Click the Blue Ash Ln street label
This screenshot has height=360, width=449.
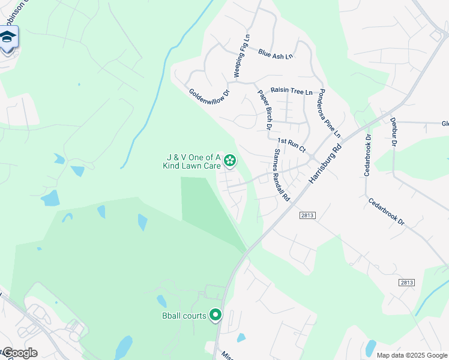pyautogui.click(x=276, y=53)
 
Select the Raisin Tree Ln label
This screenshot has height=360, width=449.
pyautogui.click(x=292, y=91)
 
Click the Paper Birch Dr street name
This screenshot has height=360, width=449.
pyautogui.click(x=265, y=109)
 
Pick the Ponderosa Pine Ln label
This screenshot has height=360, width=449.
pyautogui.click(x=330, y=113)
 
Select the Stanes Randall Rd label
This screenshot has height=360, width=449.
pyautogui.click(x=282, y=175)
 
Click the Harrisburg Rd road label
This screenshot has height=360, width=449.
pyautogui.click(x=325, y=163)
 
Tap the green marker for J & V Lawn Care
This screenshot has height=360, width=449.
pyautogui.click(x=229, y=160)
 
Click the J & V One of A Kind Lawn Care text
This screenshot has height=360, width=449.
pyautogui.click(x=193, y=162)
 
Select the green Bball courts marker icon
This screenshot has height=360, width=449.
pyautogui.click(x=215, y=315)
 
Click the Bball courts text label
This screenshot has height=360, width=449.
pyautogui.click(x=183, y=315)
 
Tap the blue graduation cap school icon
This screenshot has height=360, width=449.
pyautogui.click(x=8, y=38)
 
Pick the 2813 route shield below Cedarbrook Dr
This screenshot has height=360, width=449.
pyautogui.click(x=406, y=283)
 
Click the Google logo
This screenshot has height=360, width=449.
pyautogui.click(x=20, y=353)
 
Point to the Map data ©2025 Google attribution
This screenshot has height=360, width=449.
pyautogui.click(x=411, y=355)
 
